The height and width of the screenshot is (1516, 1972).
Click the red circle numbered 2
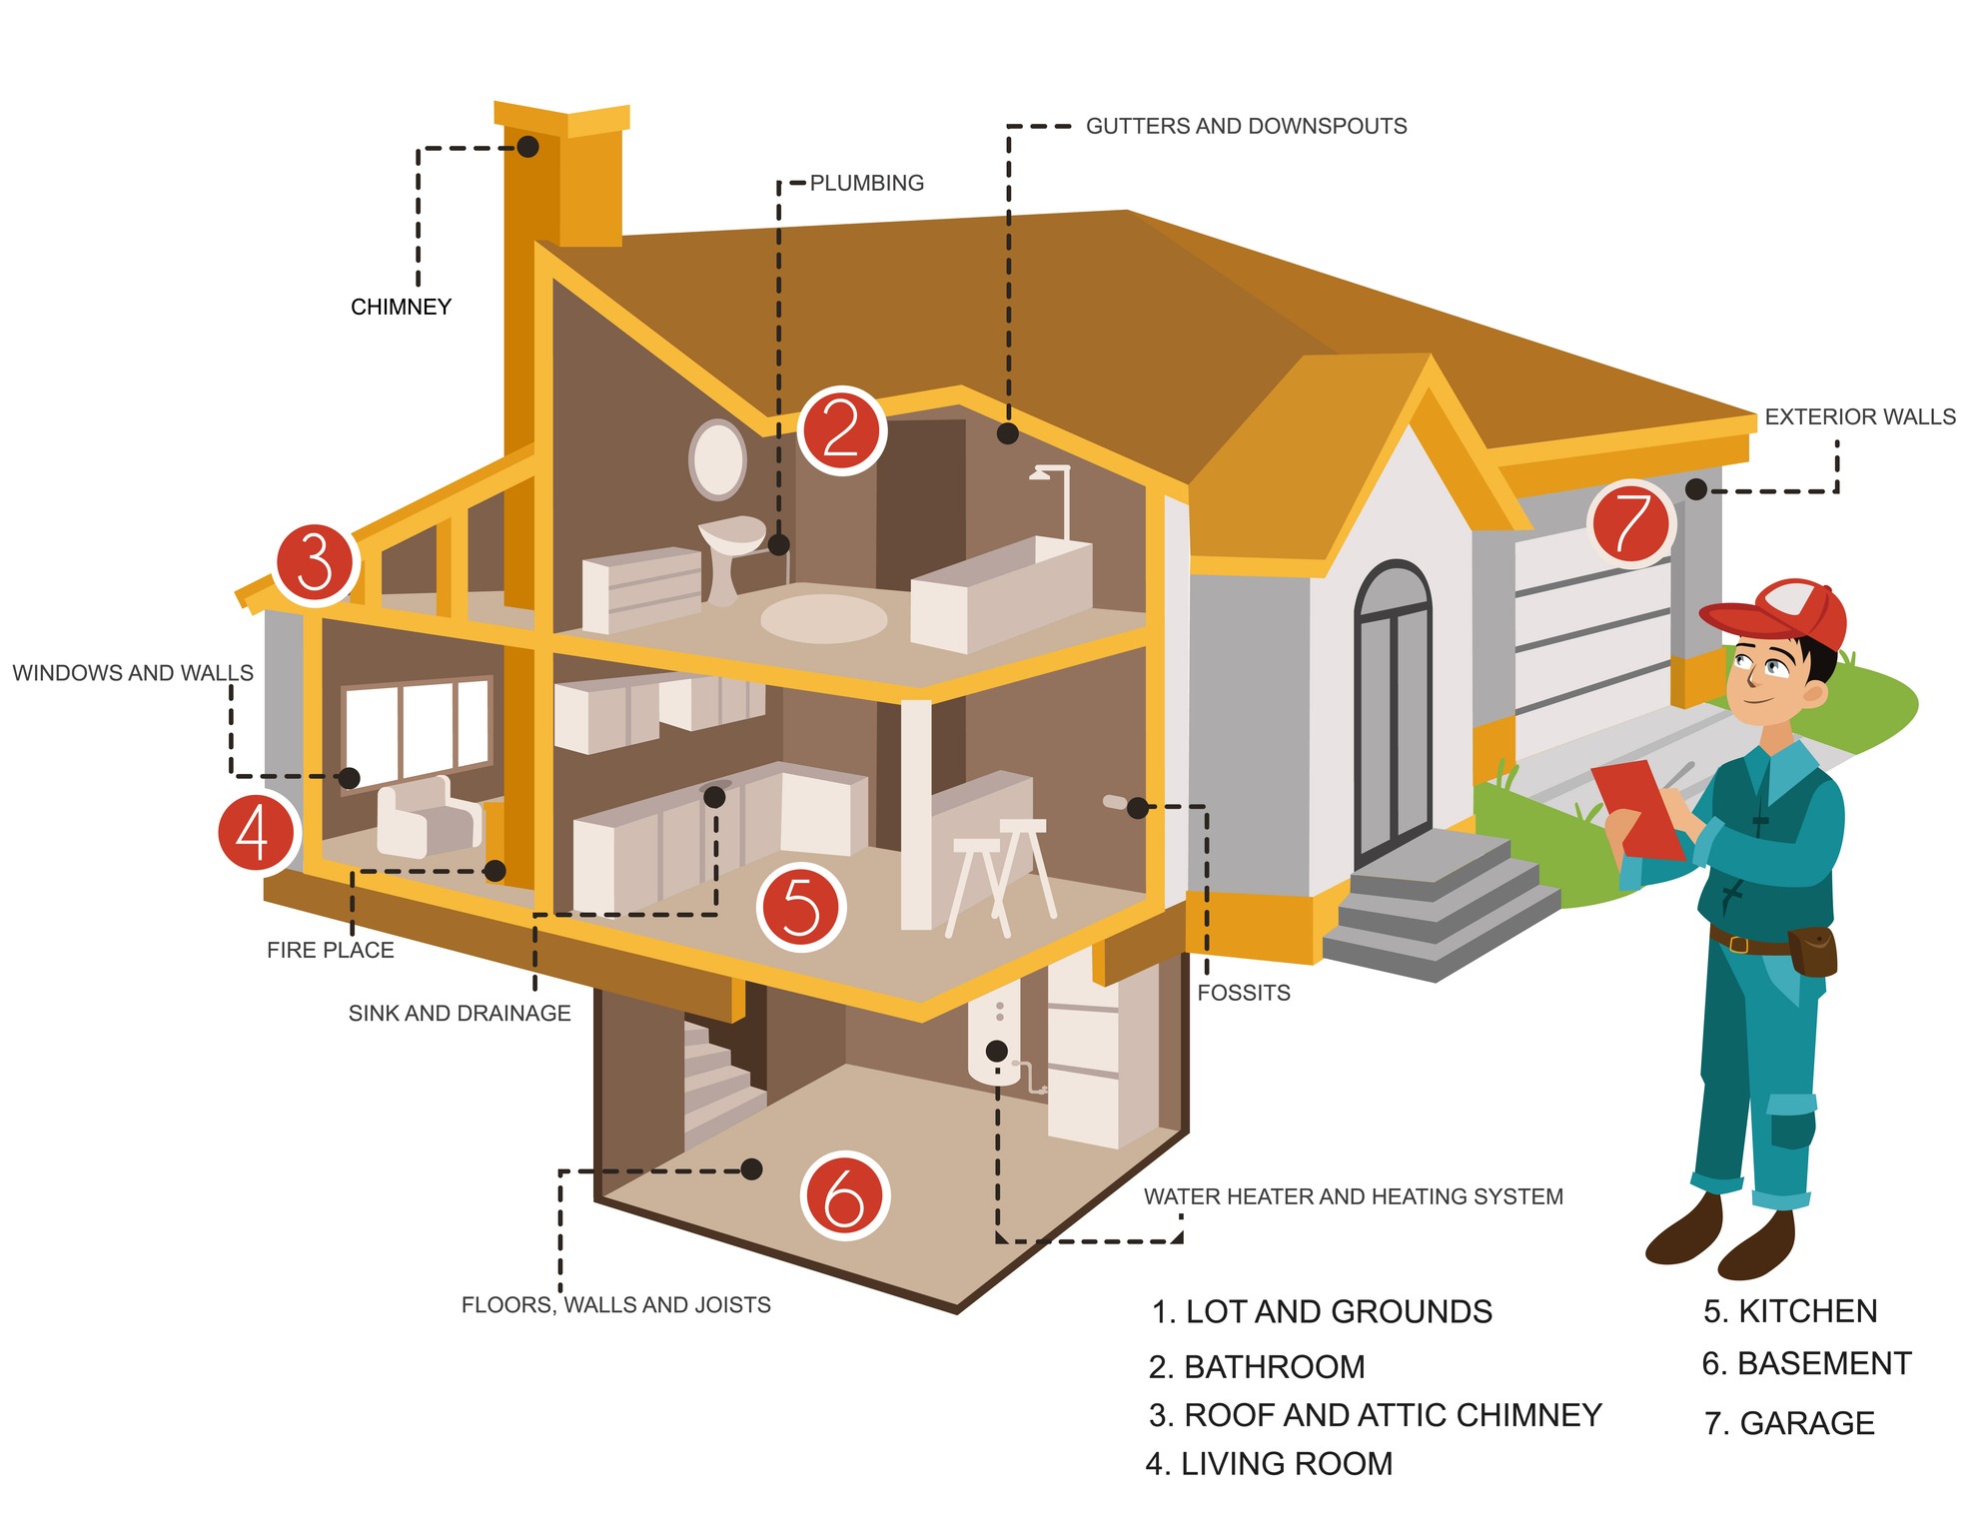point(841,430)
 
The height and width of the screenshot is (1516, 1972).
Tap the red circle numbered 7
point(1630,523)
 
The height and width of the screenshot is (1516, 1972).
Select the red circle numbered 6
point(844,1195)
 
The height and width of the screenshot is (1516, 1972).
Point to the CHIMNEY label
point(401,307)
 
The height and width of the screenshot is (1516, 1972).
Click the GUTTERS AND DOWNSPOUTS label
point(1246,127)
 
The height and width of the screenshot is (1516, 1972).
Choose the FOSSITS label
point(1243,993)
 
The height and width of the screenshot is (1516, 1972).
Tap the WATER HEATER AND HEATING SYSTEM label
point(1353,1196)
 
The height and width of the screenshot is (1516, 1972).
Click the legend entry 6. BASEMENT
point(1806,1363)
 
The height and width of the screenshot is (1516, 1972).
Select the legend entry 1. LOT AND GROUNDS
point(1321,1311)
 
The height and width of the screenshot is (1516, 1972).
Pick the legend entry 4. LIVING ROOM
point(1269,1463)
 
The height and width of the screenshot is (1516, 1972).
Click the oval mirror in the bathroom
point(717,458)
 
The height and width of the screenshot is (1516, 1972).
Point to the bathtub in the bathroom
point(1000,593)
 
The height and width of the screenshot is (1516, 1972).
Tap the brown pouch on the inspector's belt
point(1812,950)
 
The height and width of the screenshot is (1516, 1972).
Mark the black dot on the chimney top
point(527,147)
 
